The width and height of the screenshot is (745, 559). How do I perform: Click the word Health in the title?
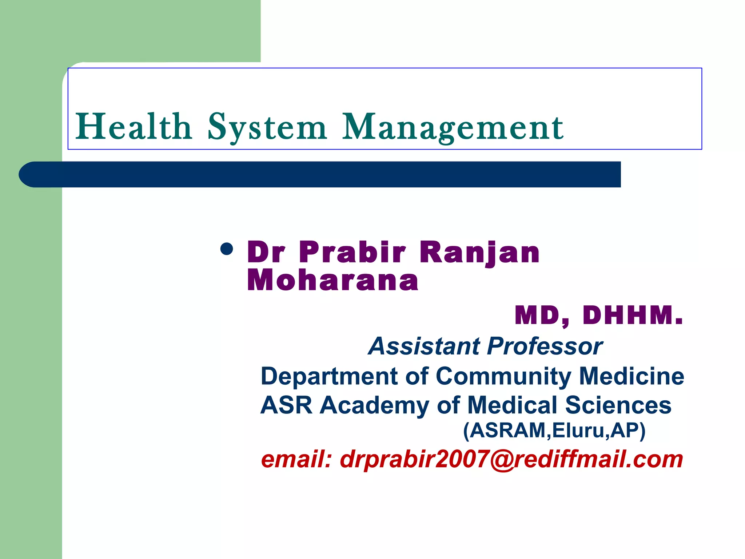133,127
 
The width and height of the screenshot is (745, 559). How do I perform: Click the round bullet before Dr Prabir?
227,250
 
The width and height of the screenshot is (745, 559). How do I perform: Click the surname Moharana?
332,281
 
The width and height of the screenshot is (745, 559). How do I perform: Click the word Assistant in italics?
424,346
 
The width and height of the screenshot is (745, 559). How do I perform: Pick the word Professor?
545,346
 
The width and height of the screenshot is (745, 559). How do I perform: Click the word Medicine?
631,376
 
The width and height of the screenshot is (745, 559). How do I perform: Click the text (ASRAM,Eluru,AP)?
554,431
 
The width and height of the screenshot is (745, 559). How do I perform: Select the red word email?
296,459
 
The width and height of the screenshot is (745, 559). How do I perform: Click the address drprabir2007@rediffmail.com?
511,459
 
